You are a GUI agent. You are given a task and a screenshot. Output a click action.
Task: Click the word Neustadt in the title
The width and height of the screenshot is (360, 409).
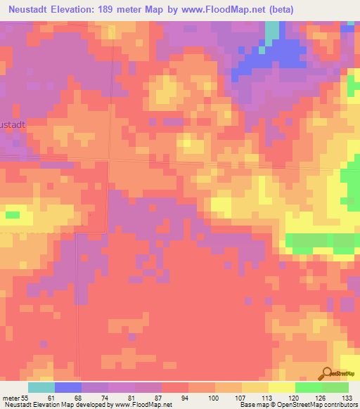click(30, 10)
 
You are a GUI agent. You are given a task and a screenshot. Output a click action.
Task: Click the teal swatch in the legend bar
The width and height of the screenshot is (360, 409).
click(41, 387)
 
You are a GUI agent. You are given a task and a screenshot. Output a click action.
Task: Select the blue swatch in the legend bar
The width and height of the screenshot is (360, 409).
click(67, 387)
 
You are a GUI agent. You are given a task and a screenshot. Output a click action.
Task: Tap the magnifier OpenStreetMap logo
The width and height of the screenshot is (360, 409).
click(327, 374)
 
